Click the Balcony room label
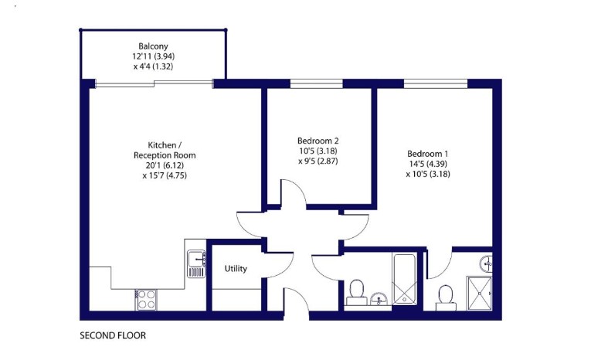click(x=153, y=46)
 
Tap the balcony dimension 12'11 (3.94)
click(x=153, y=56)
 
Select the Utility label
click(x=236, y=268)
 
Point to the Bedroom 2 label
click(x=318, y=141)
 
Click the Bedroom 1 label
click(x=428, y=154)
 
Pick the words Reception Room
click(x=165, y=155)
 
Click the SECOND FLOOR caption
click(x=113, y=335)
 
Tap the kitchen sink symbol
click(x=196, y=263)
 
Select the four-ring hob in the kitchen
click(x=146, y=300)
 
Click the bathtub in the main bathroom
click(x=404, y=279)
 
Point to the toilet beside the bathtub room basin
click(x=356, y=293)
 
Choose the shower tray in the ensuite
click(x=479, y=294)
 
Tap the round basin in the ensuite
click(x=486, y=264)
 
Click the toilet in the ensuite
click(x=446, y=298)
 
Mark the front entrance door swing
click(x=297, y=299)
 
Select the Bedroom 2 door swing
click(x=293, y=192)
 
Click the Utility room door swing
click(x=277, y=265)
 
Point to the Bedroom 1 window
click(x=436, y=83)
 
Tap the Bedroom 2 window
click(x=317, y=83)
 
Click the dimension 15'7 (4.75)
click(x=165, y=175)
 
